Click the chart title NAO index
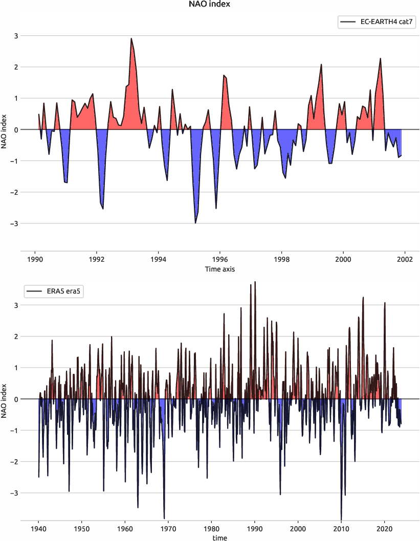(x=210, y=5)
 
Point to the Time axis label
(x=219, y=268)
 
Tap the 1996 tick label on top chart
(x=220, y=259)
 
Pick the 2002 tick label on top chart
(x=405, y=259)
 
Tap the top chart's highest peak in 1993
(x=131, y=38)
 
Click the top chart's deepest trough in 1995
(x=195, y=223)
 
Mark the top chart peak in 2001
(x=381, y=58)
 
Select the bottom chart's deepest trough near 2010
(x=341, y=519)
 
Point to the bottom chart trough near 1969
(x=164, y=518)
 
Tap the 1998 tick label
(x=281, y=259)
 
